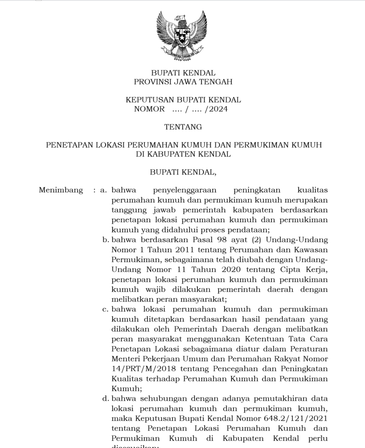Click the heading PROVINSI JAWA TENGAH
pos(183,82)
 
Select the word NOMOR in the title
pos(149,109)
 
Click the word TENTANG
pos(183,127)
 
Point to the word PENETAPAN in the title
pos(67,145)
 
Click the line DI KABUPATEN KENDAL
pos(183,154)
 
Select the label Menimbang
pos(61,190)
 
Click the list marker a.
pos(104,190)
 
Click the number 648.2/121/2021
pos(295,419)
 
